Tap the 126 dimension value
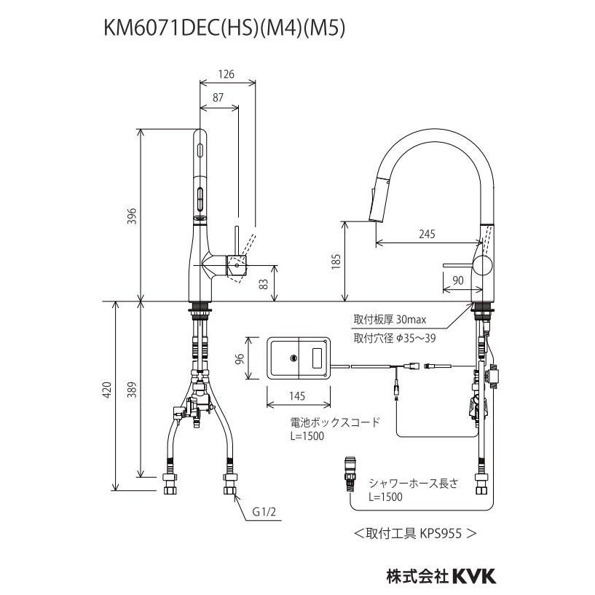pos(227,73)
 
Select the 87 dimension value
pos(218,98)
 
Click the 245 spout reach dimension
pos(427,235)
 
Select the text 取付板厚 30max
pos(395,319)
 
